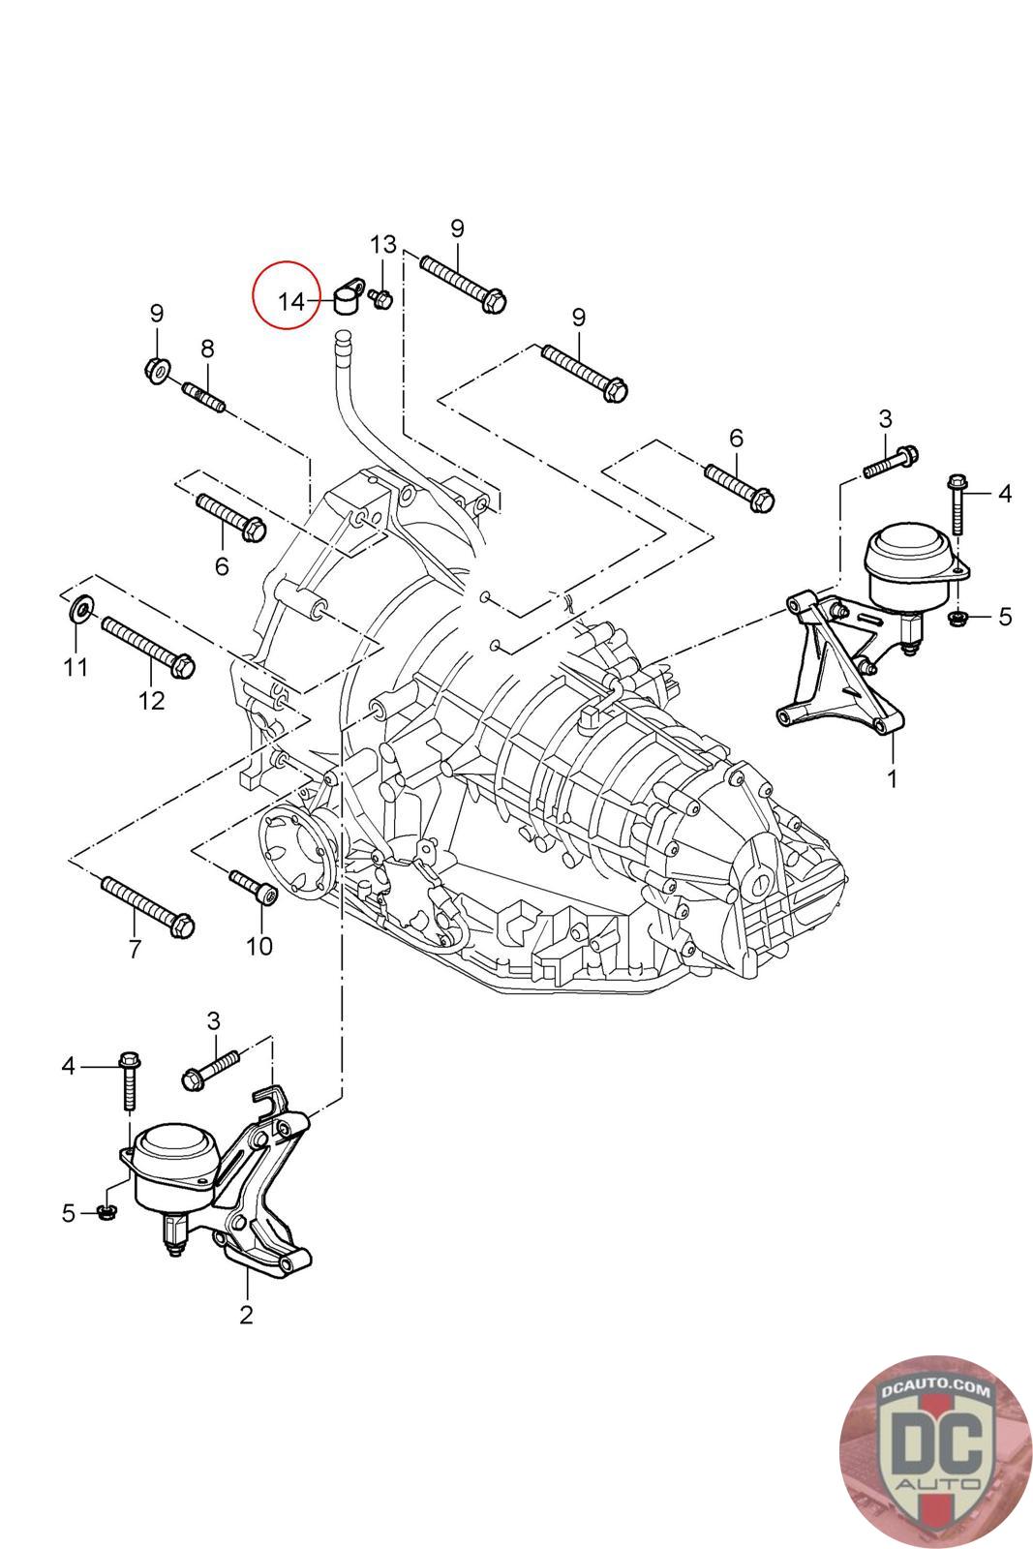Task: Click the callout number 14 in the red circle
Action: (291, 301)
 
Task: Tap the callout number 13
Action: (383, 244)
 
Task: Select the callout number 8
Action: (207, 349)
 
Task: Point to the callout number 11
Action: (76, 667)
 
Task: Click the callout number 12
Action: (151, 701)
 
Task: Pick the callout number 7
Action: (135, 948)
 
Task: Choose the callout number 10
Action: (259, 946)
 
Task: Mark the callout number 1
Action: (892, 778)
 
